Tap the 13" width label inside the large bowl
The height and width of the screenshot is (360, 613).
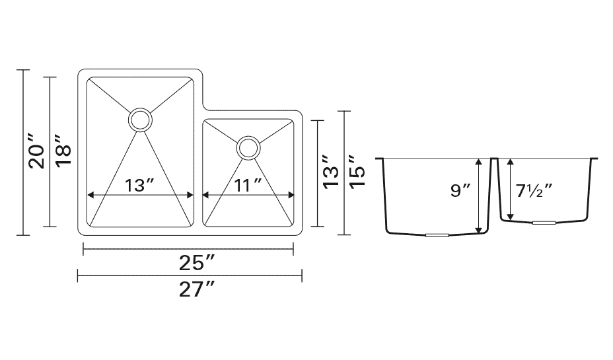pos(139,185)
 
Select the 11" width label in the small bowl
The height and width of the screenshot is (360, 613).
pos(248,185)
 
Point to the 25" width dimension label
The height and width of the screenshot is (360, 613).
pos(197,263)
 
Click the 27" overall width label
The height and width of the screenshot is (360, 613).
pos(197,289)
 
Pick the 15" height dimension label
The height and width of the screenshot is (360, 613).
pos(357,172)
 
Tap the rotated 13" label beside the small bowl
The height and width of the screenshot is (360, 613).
pos(331,172)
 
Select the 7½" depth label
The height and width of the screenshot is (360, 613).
pos(534,190)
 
